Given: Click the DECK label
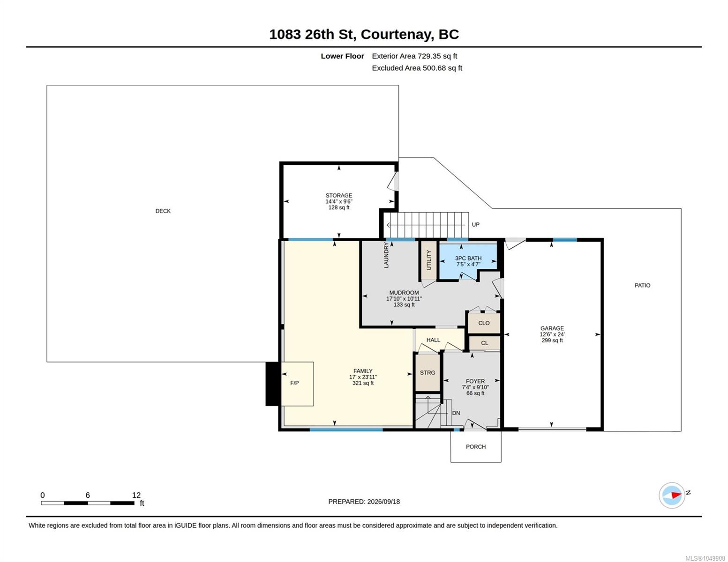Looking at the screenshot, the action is coord(163,211).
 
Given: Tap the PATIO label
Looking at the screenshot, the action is coord(642,285).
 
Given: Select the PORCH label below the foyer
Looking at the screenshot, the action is coord(475,446).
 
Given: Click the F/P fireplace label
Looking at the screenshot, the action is coord(294,383).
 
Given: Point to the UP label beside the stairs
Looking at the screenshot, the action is coord(475,225).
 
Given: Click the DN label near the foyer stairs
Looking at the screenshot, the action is coord(456,413).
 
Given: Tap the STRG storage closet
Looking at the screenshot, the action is coord(428,372).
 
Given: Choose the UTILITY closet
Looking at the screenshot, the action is coord(429,260).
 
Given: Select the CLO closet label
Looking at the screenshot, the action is coord(484,323).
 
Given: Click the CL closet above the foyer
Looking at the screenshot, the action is coord(484,343).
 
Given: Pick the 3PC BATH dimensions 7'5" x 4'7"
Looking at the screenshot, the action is coord(468,264).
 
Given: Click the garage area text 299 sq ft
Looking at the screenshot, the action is coord(552,340).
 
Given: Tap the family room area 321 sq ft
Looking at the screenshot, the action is coord(363,383).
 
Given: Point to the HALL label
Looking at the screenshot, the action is coord(433,340).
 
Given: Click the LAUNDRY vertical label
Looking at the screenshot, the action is coord(386,256).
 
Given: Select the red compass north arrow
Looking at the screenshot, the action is coord(676,495).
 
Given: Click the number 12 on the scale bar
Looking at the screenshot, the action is coord(136,495).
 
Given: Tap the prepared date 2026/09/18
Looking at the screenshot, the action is coord(383,502).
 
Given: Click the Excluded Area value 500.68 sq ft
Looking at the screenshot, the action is coord(442,68).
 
